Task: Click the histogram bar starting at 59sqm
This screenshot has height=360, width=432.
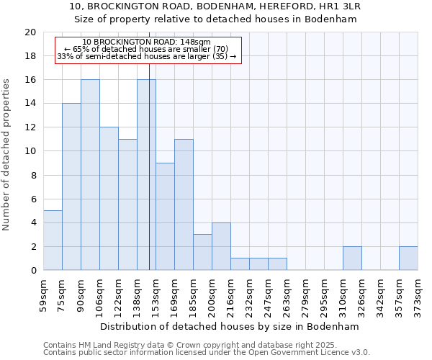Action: [53, 240]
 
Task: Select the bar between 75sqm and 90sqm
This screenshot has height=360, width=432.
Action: [71, 187]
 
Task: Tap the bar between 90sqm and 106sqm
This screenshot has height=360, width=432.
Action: [90, 175]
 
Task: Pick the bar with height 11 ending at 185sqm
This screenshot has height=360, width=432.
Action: [184, 204]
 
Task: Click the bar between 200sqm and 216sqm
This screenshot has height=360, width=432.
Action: [221, 246]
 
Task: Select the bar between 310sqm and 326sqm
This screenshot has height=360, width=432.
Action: [352, 258]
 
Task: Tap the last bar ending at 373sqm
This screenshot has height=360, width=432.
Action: [408, 258]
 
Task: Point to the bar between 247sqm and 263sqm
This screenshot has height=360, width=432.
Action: [277, 264]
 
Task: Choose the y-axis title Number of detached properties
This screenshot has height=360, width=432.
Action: [7, 152]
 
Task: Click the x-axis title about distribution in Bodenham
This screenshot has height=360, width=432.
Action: [229, 326]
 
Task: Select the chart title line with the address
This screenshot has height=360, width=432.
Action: [215, 6]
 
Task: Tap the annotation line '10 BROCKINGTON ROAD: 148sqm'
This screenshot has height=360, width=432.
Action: [147, 42]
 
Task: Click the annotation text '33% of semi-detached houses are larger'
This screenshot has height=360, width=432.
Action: [147, 56]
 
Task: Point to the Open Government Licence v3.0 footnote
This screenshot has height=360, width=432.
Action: [207, 353]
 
